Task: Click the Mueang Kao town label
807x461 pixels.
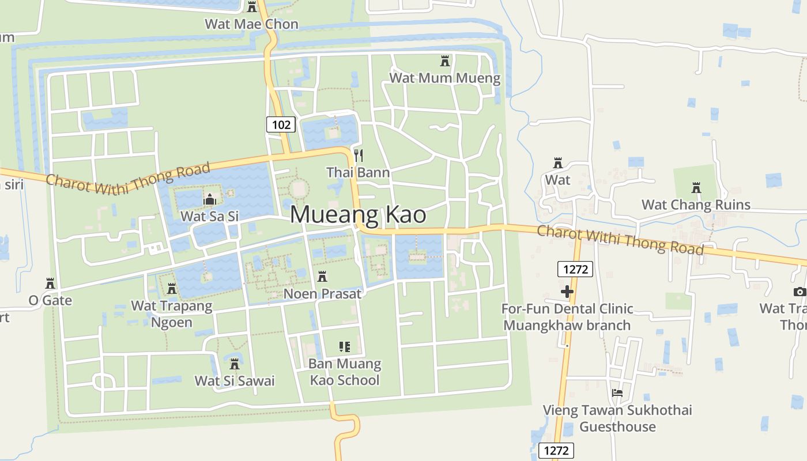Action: [x=358, y=214]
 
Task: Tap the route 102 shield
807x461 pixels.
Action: [x=281, y=124]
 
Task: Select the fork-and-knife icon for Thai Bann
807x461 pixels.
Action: [x=359, y=155]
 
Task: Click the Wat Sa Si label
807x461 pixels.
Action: [x=209, y=216]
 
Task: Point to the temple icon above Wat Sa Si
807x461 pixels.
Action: [x=209, y=199]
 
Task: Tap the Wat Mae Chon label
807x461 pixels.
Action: [x=252, y=24]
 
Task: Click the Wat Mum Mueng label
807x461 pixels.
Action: [x=445, y=78]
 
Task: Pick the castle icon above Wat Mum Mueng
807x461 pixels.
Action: [x=445, y=61]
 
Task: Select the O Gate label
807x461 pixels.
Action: [x=50, y=300]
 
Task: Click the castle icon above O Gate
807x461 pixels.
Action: [x=50, y=284]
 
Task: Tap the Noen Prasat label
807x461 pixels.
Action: [x=322, y=293]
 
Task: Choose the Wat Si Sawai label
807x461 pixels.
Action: [x=235, y=380]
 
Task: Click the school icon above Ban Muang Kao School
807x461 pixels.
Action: [x=345, y=347]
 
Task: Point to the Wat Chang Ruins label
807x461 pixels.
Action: [x=696, y=205]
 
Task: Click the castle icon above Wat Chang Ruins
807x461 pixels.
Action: [x=696, y=187]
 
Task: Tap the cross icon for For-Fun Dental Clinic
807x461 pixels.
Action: [x=567, y=292]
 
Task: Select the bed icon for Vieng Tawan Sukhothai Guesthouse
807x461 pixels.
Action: [x=617, y=393]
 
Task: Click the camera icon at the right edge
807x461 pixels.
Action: [x=800, y=292]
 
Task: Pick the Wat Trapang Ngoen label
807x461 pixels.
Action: [x=172, y=313]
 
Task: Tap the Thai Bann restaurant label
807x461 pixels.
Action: [x=358, y=172]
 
